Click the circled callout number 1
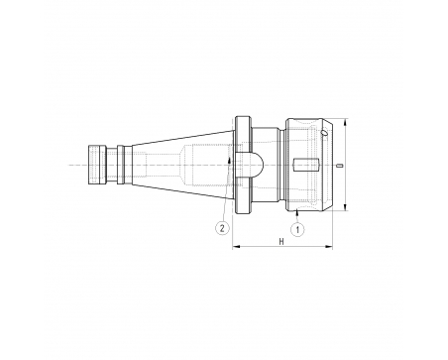pos(297,229)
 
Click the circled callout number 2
pos(222,228)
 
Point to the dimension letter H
pos(281,242)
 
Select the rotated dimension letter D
pos(341,165)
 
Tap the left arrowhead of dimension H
pos(235,246)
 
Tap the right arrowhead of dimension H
pos(329,246)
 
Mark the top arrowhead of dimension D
pos(345,122)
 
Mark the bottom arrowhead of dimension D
pos(345,207)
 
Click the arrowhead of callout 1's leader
pos(297,213)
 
